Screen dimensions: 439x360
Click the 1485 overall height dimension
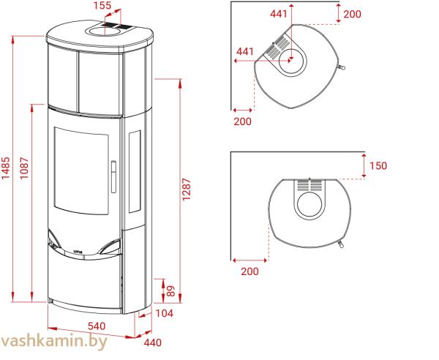click(x=6, y=168)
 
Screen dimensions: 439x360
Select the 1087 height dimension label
click(x=24, y=168)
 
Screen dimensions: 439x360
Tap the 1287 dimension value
click(x=187, y=190)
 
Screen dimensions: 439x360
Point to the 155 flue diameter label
click(x=102, y=5)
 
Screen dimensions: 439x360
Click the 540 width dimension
click(x=97, y=326)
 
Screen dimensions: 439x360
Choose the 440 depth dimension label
click(x=153, y=342)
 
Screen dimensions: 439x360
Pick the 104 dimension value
click(x=164, y=313)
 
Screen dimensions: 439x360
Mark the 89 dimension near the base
click(x=170, y=291)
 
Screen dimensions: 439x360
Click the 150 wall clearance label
click(x=378, y=165)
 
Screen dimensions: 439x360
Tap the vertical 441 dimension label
click(x=279, y=14)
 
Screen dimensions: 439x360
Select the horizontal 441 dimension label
click(x=245, y=51)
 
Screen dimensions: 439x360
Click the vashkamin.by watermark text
click(x=53, y=342)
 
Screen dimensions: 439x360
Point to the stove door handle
click(x=113, y=176)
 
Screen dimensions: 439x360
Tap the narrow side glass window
click(x=135, y=171)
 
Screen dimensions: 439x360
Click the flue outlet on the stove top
click(x=105, y=30)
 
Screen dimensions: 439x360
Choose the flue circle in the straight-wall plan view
click(x=309, y=204)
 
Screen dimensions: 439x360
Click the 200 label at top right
click(x=352, y=14)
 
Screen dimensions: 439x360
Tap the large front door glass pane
click(x=81, y=170)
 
